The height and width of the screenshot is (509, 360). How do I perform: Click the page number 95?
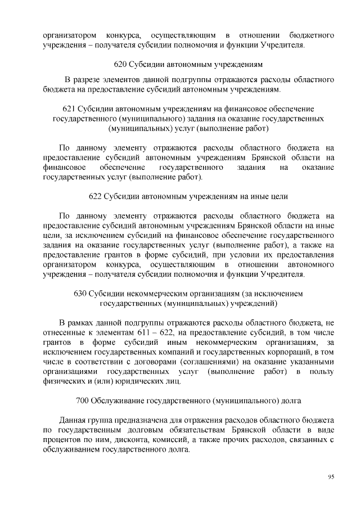click(331, 476)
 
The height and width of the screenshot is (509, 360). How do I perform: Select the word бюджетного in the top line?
click(312, 35)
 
